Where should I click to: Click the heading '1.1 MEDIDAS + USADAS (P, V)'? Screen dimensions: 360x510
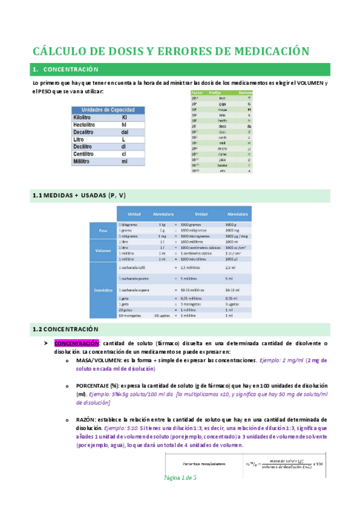[x=79, y=196]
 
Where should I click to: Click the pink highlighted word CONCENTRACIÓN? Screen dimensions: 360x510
[x=76, y=343]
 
